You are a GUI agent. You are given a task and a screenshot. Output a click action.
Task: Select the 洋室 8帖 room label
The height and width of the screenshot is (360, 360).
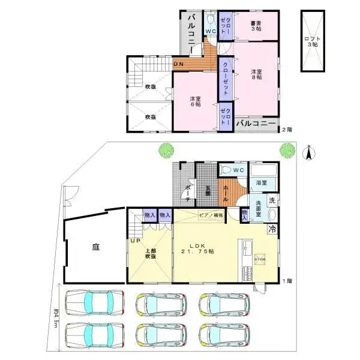pyautogui.click(x=257, y=74)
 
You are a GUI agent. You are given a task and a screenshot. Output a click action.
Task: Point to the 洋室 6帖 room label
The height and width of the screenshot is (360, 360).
pyautogui.click(x=194, y=101)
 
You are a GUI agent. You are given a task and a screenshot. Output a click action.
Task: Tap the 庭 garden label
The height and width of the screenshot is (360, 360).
pyautogui.click(x=95, y=247)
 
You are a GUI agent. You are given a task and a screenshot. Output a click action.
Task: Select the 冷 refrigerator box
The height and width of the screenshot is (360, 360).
pyautogui.click(x=272, y=228)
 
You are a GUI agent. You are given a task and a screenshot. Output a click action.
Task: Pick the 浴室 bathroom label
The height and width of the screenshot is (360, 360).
pyautogui.click(x=262, y=182)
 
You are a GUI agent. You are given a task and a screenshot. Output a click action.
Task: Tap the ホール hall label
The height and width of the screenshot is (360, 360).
pyautogui.click(x=226, y=193)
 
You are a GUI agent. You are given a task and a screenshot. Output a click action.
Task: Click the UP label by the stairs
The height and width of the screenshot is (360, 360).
pyautogui.click(x=134, y=241)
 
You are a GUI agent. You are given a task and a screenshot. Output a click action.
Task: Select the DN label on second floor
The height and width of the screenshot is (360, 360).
pyautogui.click(x=178, y=64)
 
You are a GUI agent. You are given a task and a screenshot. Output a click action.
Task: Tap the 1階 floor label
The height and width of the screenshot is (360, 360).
pyautogui.click(x=289, y=281)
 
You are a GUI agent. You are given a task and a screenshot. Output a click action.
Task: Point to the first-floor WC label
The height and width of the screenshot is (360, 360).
pyautogui.click(x=237, y=170)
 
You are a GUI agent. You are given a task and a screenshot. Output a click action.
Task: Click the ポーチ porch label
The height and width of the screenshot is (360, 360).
pyautogui.click(x=188, y=192)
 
